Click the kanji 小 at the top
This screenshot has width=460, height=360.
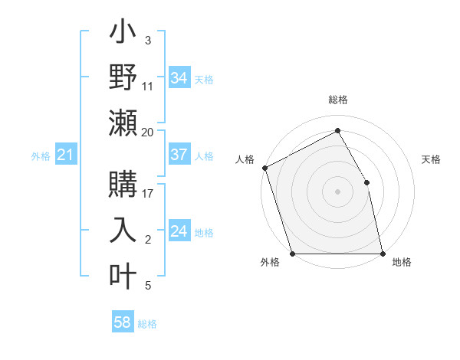[x=123, y=35]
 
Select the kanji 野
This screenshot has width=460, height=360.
[x=123, y=77]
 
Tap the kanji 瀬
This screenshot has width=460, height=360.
[x=123, y=123]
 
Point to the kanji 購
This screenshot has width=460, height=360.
[x=123, y=186]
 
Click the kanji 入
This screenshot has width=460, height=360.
[x=123, y=231]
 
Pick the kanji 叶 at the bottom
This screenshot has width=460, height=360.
[x=123, y=276]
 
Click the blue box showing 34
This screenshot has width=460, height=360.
[x=179, y=78]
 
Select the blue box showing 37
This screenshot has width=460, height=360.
[x=179, y=155]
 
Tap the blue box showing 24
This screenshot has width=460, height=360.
[x=179, y=231]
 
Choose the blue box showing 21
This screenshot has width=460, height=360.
[x=65, y=155]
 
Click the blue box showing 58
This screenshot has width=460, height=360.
[x=123, y=322]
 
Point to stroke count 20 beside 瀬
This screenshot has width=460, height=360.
[x=147, y=132]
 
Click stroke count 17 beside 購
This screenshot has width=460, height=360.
[x=147, y=194]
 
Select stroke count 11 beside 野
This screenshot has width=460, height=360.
[x=147, y=87]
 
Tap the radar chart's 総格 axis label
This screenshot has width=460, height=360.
[x=337, y=100]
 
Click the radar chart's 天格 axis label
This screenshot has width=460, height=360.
[x=432, y=159]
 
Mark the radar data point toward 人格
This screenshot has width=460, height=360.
[x=264, y=168]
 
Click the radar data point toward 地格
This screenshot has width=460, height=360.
[x=383, y=254]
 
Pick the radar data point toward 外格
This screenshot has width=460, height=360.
[x=292, y=254]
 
